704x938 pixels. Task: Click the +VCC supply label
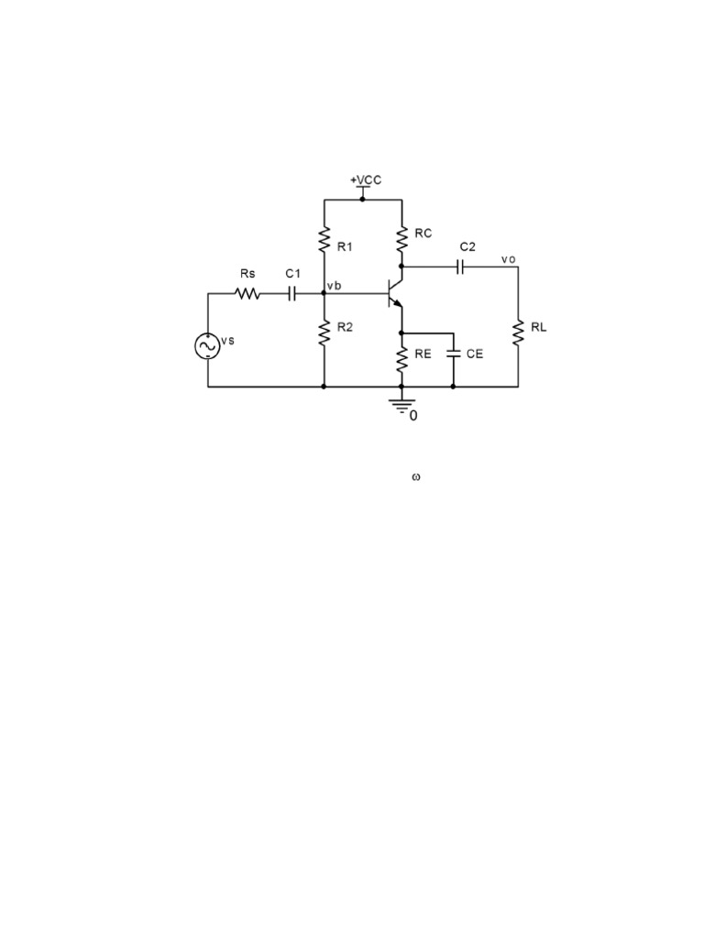click(366, 180)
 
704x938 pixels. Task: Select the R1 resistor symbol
click(324, 239)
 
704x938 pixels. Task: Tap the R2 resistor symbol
click(324, 333)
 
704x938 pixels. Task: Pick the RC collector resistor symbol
click(401, 239)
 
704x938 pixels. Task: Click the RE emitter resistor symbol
click(401, 359)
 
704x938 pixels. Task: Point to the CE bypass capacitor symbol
click(453, 354)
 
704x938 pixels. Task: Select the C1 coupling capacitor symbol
click(292, 293)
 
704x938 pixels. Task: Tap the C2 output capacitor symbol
click(460, 267)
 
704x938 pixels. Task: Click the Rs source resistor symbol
click(247, 293)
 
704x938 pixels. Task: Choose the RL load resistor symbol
click(518, 333)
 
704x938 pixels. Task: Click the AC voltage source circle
click(208, 346)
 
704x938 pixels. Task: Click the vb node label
click(334, 286)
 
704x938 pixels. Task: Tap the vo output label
click(508, 259)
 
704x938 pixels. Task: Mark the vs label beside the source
click(227, 341)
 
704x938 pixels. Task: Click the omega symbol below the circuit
click(416, 477)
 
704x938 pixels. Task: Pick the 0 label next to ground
click(413, 415)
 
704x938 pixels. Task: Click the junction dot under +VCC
click(362, 199)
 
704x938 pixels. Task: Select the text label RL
click(539, 327)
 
